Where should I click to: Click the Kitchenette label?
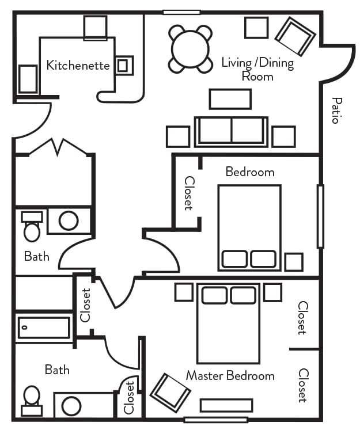click(x=78, y=65)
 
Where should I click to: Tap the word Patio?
click(x=336, y=111)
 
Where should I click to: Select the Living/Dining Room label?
click(x=257, y=69)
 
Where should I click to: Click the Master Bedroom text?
click(x=230, y=376)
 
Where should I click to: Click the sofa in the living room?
click(x=231, y=131)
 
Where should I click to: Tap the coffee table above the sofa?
click(x=230, y=99)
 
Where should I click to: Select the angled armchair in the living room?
click(x=295, y=36)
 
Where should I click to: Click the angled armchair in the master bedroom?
click(x=170, y=393)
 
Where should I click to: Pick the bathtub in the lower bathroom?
click(x=44, y=328)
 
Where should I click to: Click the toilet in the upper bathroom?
click(x=32, y=227)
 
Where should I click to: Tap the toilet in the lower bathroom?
click(x=32, y=399)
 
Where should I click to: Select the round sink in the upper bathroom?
click(x=69, y=220)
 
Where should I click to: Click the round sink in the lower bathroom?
click(x=71, y=406)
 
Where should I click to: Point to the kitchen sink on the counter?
click(x=124, y=65)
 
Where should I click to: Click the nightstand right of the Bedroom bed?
click(x=294, y=262)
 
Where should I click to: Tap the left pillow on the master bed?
click(x=214, y=295)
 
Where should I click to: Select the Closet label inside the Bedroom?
click(x=188, y=193)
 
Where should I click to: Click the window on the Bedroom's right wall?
click(x=320, y=216)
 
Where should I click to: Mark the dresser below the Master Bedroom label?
click(x=226, y=405)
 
